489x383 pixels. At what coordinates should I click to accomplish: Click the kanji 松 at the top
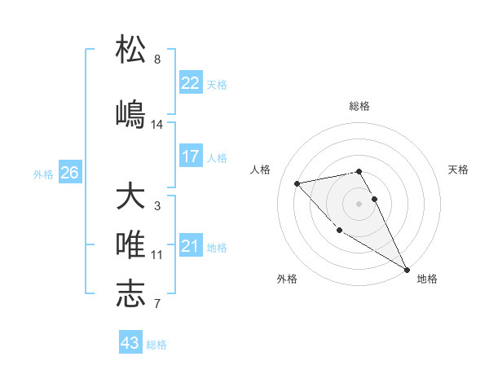[x=130, y=50]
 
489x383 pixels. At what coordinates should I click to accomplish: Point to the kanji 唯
[x=130, y=244]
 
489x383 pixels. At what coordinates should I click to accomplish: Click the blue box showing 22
[x=191, y=83]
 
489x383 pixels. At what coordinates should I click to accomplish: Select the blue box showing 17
[x=191, y=156]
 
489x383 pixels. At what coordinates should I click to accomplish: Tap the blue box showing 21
[x=191, y=246]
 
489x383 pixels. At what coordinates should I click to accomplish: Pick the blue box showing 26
[x=69, y=173]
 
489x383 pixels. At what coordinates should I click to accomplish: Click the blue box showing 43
[x=130, y=343]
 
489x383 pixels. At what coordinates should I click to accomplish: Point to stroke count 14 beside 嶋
[x=157, y=125]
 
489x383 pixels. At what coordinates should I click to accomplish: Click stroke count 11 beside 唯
[x=157, y=255]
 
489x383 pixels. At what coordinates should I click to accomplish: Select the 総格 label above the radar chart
[x=359, y=107]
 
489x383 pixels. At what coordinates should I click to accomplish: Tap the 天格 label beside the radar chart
[x=459, y=169]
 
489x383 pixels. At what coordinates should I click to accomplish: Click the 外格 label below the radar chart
[x=287, y=279]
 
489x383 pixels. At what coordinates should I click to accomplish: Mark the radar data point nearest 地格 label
[x=407, y=269]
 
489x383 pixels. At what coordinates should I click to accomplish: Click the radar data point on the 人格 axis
[x=297, y=183]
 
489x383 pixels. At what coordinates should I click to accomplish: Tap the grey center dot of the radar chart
[x=359, y=203]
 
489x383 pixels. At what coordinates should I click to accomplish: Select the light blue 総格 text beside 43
[x=156, y=345]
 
